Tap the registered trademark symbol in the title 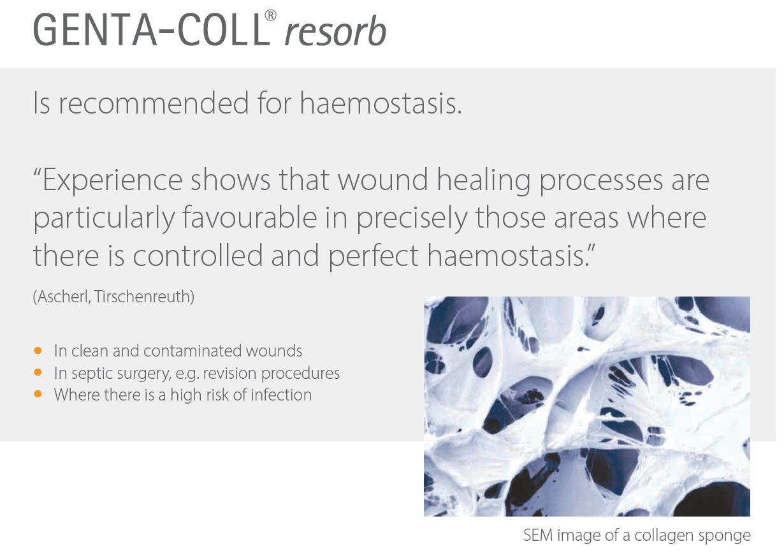tap(270, 15)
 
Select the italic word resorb tap(335, 31)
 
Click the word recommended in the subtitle tap(154, 103)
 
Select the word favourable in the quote tap(250, 217)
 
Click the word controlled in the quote tap(198, 255)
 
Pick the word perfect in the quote tap(373, 256)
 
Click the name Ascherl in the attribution tap(62, 297)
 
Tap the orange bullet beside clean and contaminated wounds tap(38, 350)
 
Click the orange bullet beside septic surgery tap(38, 372)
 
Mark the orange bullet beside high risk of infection tap(38, 394)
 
